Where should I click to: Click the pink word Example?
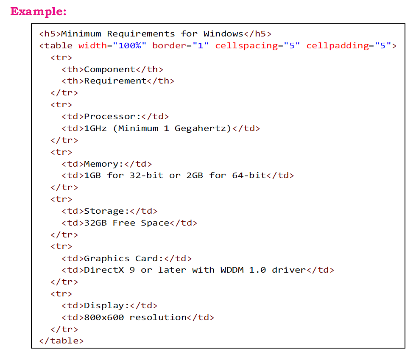click(37, 11)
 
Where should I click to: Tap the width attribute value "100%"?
click(129, 46)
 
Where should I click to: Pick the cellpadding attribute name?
click(337, 46)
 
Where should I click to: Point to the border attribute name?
click(169, 46)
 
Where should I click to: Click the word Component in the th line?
click(109, 70)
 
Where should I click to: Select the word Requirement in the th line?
click(115, 81)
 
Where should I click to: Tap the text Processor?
click(112, 117)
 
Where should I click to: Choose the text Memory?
click(103, 164)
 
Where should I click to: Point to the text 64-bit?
click(248, 176)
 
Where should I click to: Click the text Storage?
click(106, 211)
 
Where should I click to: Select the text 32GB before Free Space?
click(95, 223)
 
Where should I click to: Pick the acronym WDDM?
click(232, 270)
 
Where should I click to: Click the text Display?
click(106, 306)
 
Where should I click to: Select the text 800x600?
click(103, 318)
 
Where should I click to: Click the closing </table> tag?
click(61, 341)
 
